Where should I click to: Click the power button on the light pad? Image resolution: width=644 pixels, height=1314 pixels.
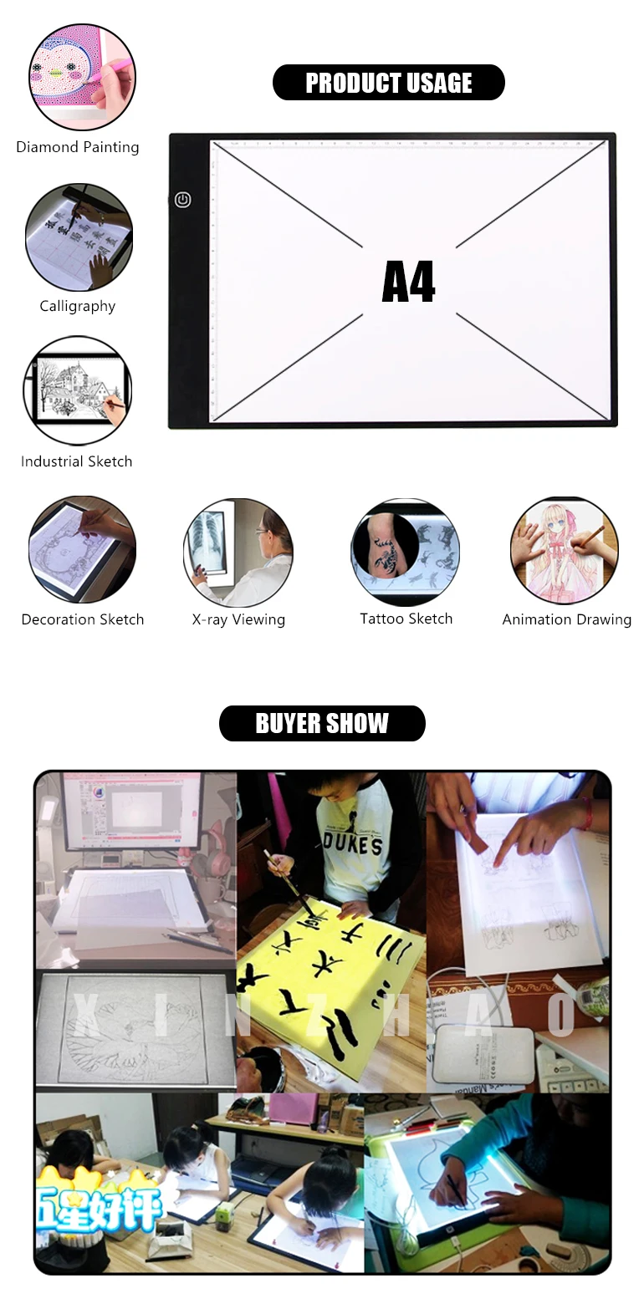183,200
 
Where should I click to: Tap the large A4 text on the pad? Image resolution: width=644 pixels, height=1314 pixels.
408,282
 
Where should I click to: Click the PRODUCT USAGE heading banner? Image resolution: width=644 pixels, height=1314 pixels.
389,83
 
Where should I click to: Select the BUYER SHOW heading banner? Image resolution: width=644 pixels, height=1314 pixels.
322,723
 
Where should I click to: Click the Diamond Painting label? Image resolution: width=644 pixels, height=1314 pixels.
78,147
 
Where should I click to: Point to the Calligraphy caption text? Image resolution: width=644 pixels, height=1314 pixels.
78,306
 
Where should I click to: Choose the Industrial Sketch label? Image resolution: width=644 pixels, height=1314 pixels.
77,461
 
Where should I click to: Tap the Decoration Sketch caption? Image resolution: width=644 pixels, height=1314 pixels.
83,619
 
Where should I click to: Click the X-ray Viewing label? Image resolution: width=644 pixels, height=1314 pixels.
238,619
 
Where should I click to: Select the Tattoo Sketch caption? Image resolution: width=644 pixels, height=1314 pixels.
406,619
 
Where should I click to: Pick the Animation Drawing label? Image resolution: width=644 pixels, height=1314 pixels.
567,619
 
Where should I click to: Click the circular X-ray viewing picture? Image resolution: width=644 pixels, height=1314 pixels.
238,553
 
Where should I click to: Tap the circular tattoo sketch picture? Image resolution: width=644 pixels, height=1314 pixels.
406,552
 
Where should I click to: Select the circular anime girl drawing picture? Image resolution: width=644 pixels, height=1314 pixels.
565,551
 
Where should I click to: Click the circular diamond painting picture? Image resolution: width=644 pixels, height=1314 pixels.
82,77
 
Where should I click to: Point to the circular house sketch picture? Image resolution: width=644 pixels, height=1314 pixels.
78,390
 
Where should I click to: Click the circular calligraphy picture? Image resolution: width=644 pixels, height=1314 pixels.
79,237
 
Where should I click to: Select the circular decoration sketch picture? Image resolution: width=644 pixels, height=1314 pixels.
82,549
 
